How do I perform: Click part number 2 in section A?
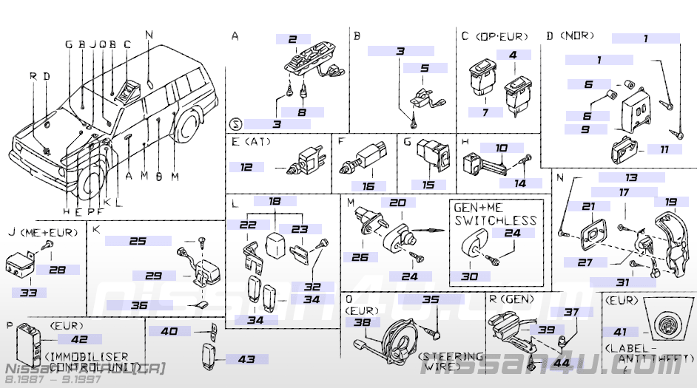(x=294, y=39)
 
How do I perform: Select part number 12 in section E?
(x=246, y=168)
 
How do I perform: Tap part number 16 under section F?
(x=368, y=186)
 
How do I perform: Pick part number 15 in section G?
(x=428, y=185)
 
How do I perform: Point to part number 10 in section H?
(x=501, y=148)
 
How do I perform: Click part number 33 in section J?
(x=28, y=293)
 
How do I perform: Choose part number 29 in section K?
(x=153, y=276)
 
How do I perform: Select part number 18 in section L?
(x=275, y=201)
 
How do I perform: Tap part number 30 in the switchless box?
(x=470, y=276)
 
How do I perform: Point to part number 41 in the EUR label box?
(x=619, y=333)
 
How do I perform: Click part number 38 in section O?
(x=362, y=322)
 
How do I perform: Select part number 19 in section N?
(x=670, y=202)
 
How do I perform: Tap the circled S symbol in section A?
(x=235, y=123)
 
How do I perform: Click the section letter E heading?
(x=235, y=141)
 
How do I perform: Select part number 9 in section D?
(x=585, y=129)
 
